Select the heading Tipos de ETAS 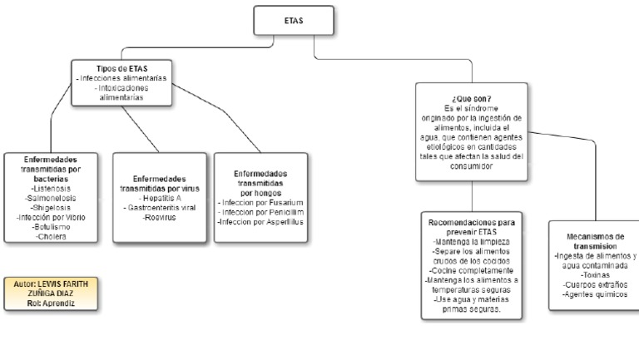[121, 67]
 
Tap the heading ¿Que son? [471, 98]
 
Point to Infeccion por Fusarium [260, 202]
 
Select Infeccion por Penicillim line [260, 212]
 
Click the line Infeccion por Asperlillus [260, 222]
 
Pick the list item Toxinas [594, 274]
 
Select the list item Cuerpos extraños [594, 284]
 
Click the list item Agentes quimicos [594, 294]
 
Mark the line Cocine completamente [472, 271]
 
